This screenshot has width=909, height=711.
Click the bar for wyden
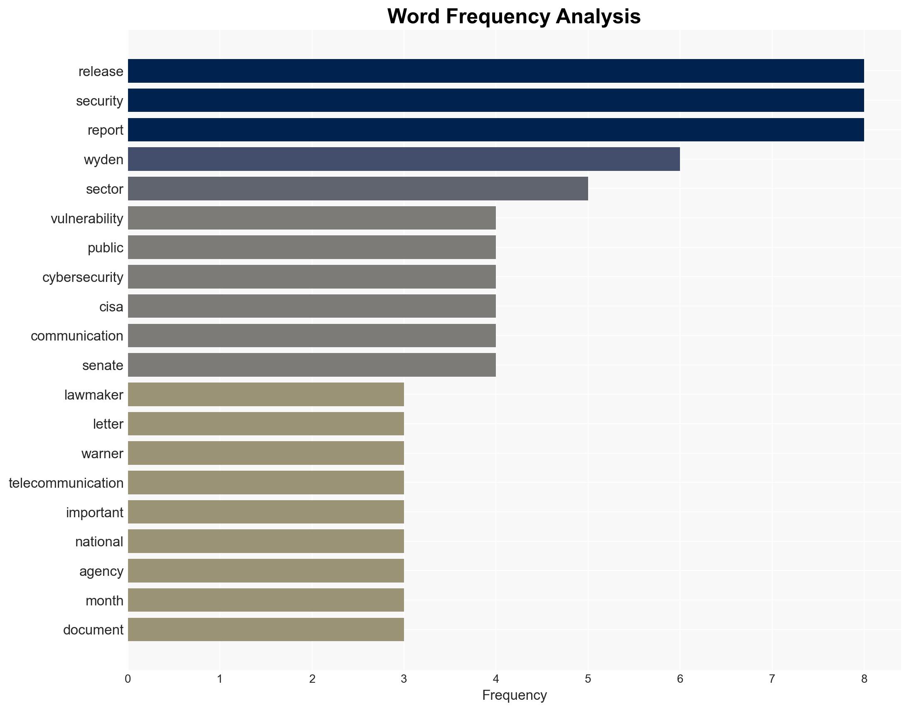click(x=404, y=159)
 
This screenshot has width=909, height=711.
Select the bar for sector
click(x=358, y=189)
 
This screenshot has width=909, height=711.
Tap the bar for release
click(x=496, y=71)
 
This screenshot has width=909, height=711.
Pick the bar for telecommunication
click(x=266, y=482)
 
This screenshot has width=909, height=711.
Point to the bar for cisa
click(x=312, y=306)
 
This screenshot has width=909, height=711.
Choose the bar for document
click(x=266, y=630)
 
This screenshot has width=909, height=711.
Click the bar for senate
click(x=312, y=365)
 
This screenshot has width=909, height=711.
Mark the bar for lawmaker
click(x=266, y=394)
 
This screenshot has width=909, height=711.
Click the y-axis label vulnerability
click(x=87, y=219)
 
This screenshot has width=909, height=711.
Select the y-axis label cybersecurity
click(x=83, y=277)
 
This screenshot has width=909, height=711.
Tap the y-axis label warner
click(x=102, y=453)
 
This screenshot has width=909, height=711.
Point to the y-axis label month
click(x=104, y=601)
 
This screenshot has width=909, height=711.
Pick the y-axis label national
click(x=99, y=542)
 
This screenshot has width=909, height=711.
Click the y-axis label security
click(x=99, y=101)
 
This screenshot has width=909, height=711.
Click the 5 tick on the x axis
click(x=588, y=679)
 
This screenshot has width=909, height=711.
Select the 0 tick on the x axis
click(x=128, y=679)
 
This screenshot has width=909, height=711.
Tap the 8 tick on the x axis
click(x=864, y=679)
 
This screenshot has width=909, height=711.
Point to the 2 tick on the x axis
click(x=312, y=679)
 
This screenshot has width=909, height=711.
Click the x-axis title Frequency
click(x=514, y=695)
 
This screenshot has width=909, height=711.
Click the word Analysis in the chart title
click(x=598, y=17)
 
